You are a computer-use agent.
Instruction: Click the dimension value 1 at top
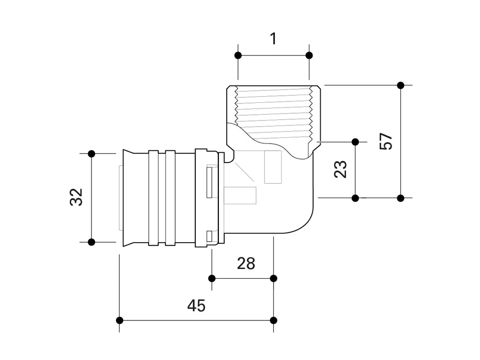[273, 38]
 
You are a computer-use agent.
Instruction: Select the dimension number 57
[386, 141]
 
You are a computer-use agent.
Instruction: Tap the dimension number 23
[341, 169]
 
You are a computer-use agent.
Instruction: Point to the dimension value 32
[76, 197]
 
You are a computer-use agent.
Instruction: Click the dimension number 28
[246, 263]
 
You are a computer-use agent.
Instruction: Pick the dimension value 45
[196, 306]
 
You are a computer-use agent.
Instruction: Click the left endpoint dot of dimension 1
[238, 55]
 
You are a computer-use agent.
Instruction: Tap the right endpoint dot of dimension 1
[309, 55]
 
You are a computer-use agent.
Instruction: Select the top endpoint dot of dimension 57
[401, 85]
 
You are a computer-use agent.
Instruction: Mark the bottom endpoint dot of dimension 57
[401, 197]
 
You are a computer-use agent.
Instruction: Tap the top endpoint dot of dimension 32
[91, 153]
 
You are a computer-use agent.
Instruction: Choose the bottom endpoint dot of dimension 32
[91, 242]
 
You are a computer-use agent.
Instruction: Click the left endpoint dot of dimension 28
[212, 278]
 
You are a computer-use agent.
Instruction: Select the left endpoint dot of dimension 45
[120, 320]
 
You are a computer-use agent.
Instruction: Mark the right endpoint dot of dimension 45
[273, 320]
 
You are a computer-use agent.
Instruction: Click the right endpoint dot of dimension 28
[273, 278]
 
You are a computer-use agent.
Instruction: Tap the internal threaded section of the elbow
[273, 111]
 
